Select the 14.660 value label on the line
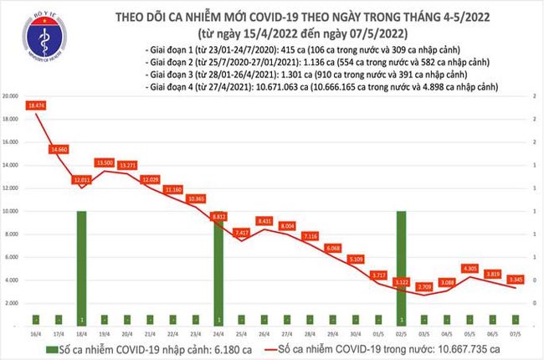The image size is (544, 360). pos(59,149)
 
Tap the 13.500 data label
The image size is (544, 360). pos(105,163)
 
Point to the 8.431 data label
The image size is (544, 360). pos(264,221)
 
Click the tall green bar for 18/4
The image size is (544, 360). pos(81,268)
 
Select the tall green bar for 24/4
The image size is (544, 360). pos(218,268)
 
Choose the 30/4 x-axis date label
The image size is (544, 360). pos(355,332)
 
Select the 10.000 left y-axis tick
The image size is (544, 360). pos(11,211)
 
